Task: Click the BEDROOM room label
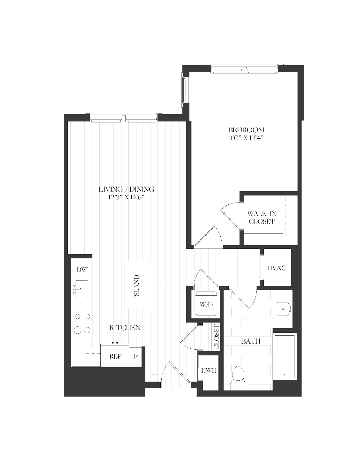click(246, 130)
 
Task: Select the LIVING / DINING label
click(127, 189)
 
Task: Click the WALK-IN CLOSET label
click(261, 218)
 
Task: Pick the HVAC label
click(277, 268)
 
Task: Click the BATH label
click(251, 341)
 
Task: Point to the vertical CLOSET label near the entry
click(216, 337)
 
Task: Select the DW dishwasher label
click(82, 270)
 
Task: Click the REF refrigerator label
click(115, 356)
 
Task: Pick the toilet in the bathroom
click(238, 375)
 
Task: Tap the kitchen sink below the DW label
click(81, 290)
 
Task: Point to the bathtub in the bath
click(285, 356)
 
